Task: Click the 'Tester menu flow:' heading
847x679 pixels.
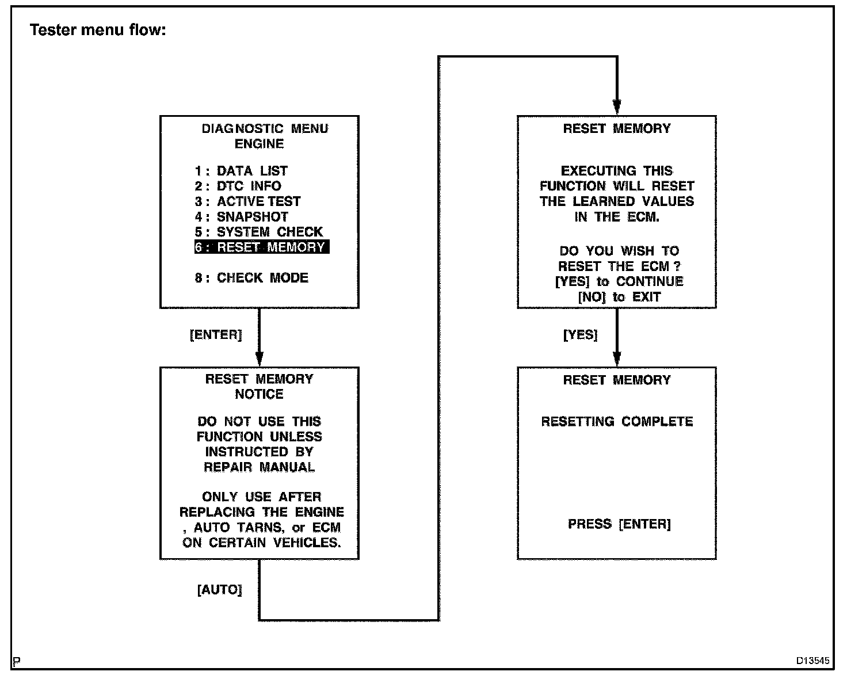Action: (x=98, y=30)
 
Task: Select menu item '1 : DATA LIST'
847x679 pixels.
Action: (x=241, y=171)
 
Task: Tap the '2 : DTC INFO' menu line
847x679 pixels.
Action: (x=238, y=186)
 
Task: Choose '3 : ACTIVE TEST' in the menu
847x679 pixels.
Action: (x=248, y=201)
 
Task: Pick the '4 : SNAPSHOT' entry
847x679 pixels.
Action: (x=242, y=217)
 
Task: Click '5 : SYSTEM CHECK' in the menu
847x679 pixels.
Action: (x=259, y=232)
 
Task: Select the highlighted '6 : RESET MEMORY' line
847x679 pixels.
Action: (x=262, y=247)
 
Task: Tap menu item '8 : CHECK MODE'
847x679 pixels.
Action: (x=251, y=278)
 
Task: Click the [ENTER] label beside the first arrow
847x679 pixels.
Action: (x=216, y=335)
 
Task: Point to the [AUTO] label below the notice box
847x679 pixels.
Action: (x=219, y=590)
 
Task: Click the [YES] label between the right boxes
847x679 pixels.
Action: (x=580, y=335)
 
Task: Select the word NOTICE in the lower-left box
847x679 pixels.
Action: (x=259, y=394)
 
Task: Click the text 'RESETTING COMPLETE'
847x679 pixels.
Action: (x=617, y=421)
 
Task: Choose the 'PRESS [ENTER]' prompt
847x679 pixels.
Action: (x=619, y=524)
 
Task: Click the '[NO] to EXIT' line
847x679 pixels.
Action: (x=619, y=297)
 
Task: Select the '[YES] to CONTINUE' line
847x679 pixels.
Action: (x=619, y=281)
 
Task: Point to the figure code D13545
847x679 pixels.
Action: (x=813, y=661)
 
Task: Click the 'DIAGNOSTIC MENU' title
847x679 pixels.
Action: (x=265, y=128)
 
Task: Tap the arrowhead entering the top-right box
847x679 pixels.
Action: (x=617, y=108)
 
